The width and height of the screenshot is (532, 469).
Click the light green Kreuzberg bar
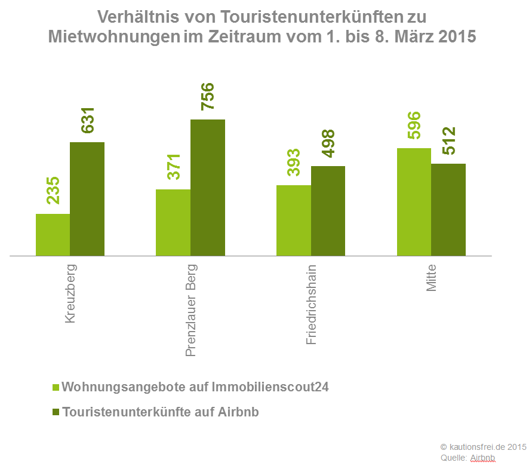53,235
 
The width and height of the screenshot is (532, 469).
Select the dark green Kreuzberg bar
87,199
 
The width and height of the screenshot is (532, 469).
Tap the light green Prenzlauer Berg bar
173,223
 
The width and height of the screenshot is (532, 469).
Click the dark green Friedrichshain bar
328,211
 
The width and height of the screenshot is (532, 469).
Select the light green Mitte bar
414,202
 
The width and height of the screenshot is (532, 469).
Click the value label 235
53,190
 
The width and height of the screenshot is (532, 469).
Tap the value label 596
414,125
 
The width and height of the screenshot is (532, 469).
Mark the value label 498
328,143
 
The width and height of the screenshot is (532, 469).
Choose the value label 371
173,167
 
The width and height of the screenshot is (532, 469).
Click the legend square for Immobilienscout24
56,387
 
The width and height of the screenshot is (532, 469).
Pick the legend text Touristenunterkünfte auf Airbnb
161,412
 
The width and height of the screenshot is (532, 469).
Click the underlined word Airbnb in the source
482,458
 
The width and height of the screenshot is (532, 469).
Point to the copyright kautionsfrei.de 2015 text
483,446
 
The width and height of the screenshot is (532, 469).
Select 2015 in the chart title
457,36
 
